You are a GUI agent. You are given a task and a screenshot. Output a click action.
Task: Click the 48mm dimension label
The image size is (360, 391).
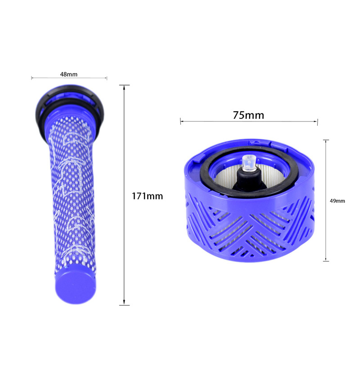click(x=68, y=74)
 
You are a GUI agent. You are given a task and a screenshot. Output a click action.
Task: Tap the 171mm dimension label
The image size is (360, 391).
click(x=147, y=196)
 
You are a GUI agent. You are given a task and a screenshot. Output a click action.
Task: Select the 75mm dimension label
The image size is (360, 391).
click(x=248, y=115)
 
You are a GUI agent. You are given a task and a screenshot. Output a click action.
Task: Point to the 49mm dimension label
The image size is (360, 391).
click(x=337, y=201)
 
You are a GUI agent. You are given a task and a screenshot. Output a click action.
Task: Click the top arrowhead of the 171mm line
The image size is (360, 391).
click(x=124, y=86)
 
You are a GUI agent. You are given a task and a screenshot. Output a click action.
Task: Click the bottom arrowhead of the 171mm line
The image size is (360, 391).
click(x=124, y=303)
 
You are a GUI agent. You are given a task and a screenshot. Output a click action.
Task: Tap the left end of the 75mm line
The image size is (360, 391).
click(x=180, y=121)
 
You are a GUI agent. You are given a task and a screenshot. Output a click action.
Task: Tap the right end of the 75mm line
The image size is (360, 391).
click(x=317, y=122)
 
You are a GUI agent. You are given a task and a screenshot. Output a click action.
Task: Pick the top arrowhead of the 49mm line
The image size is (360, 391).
click(x=326, y=141)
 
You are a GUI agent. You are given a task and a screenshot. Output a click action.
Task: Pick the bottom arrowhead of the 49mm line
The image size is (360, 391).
click(x=326, y=260)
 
